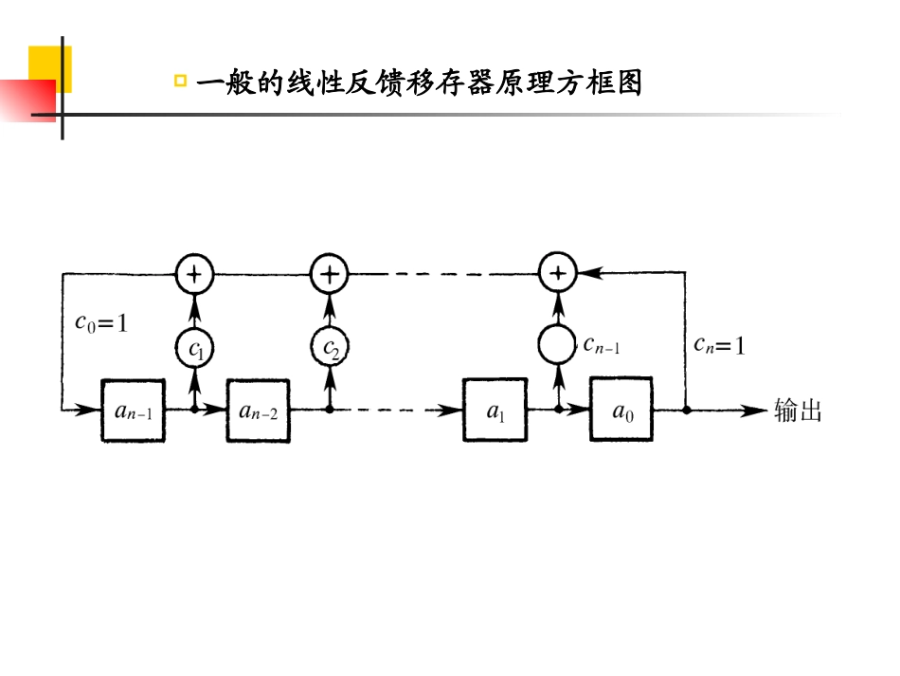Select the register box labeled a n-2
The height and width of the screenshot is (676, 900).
pos(257,410)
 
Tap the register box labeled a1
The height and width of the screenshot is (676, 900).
pos(495,410)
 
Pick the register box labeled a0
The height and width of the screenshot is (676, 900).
pos(621,410)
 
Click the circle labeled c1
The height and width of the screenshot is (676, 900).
pos(194,349)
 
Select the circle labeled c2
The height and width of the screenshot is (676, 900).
pos(330,349)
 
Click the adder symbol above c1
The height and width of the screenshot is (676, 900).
pos(194,275)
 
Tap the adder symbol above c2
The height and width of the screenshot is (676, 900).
pos(330,275)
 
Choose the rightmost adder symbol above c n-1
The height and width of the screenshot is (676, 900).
pos(558,274)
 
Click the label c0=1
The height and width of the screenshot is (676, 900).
pos(100,322)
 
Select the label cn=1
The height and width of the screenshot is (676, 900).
pos(719,345)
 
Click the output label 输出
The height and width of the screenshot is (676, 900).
pos(798,411)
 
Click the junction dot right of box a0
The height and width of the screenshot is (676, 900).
pos(685,411)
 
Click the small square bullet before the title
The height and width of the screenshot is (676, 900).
pos(180,82)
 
